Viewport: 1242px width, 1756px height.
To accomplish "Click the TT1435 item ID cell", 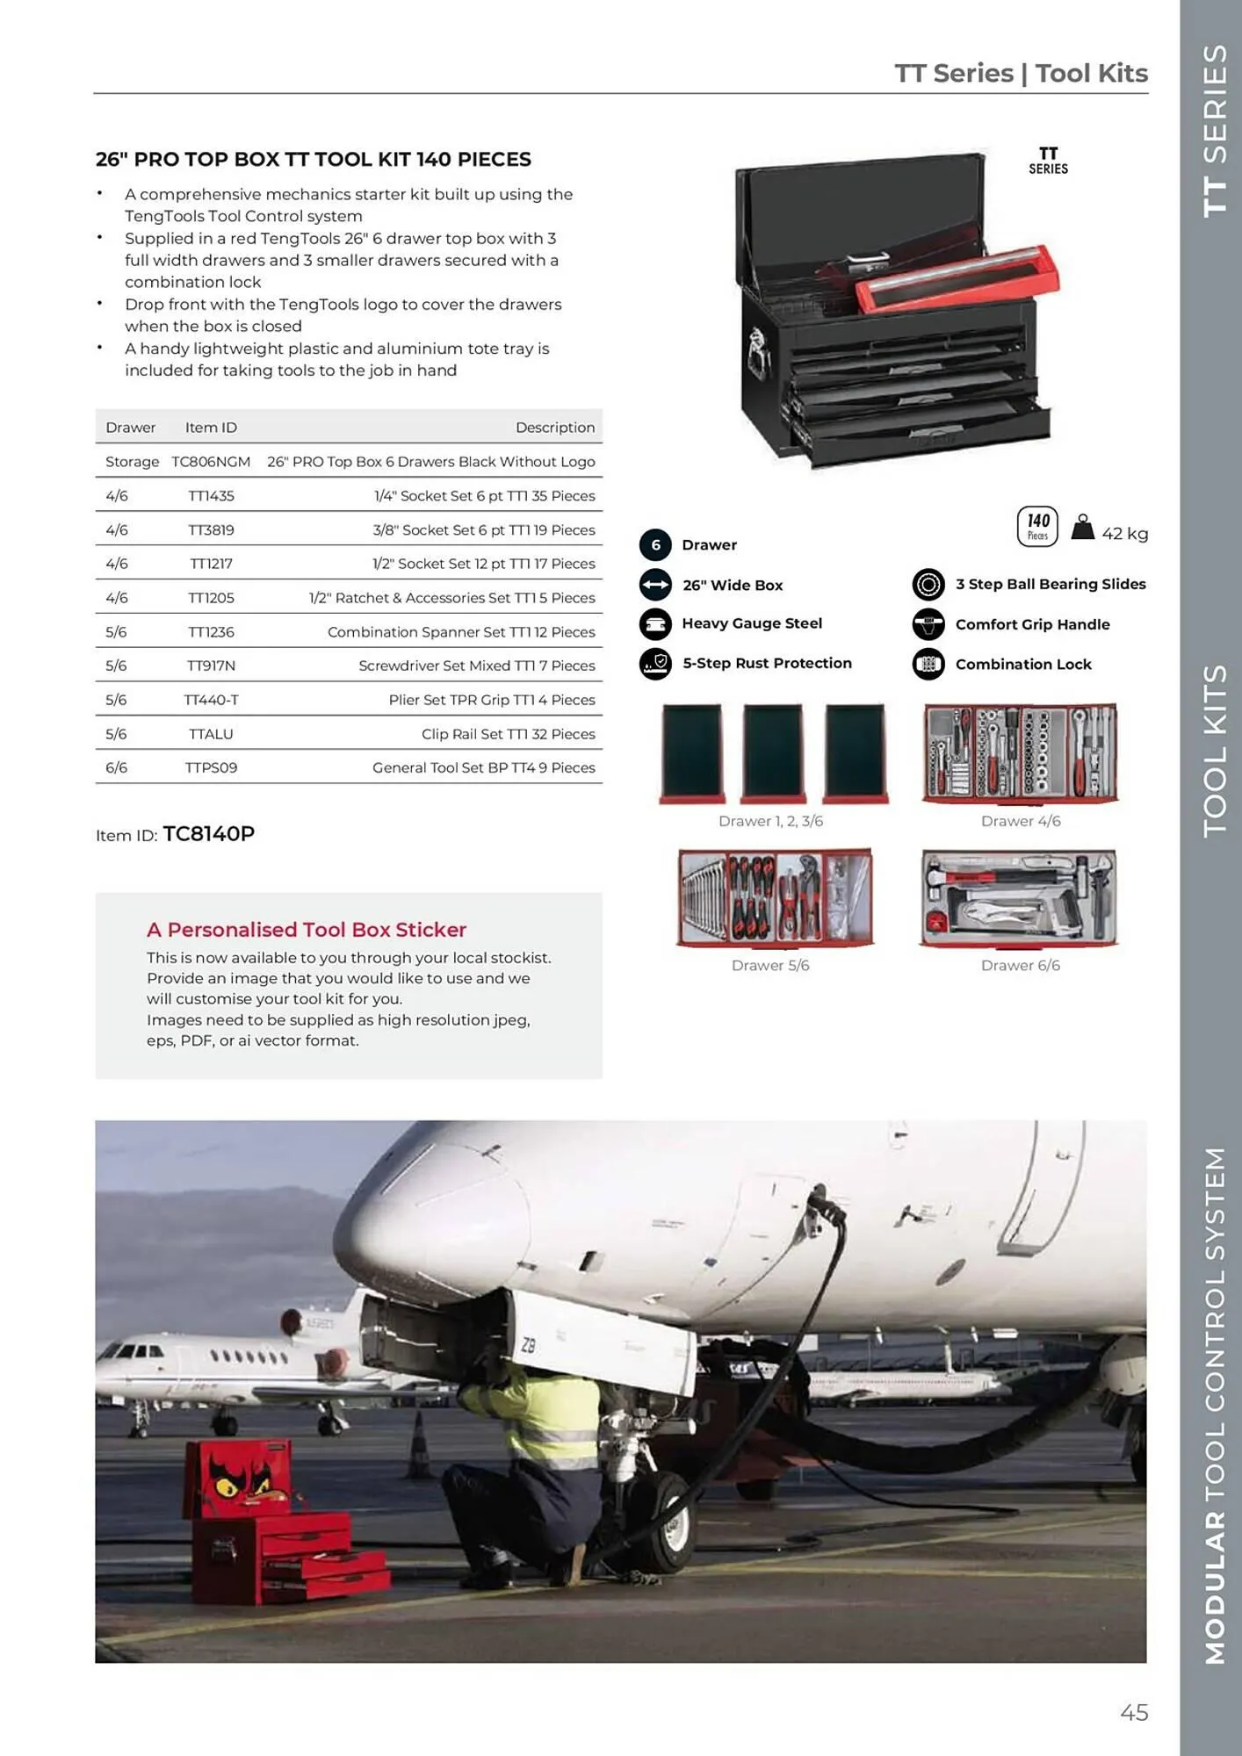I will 211,496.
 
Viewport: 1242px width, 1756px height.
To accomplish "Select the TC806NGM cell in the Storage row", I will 211,462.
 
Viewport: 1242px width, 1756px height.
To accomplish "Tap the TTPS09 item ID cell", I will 211,767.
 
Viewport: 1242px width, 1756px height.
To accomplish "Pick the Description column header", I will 554,428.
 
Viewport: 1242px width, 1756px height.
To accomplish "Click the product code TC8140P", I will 209,833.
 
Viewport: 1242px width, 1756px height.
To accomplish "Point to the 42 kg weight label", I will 1124,534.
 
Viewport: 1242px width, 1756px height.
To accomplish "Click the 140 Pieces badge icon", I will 1037,526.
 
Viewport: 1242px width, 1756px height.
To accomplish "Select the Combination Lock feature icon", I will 928,664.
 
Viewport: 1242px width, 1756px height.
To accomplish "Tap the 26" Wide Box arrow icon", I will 655,585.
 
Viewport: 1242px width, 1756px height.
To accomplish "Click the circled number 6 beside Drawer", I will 655,544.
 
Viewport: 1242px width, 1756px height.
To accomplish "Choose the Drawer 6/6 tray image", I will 1019,898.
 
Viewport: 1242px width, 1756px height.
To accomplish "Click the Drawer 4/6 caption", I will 1021,821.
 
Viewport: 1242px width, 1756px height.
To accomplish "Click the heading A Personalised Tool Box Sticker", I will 306,929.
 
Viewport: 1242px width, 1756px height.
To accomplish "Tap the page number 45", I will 1134,1712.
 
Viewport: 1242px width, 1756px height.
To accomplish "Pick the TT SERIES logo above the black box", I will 1048,161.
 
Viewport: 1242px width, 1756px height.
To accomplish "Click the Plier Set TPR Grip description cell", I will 491,700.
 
